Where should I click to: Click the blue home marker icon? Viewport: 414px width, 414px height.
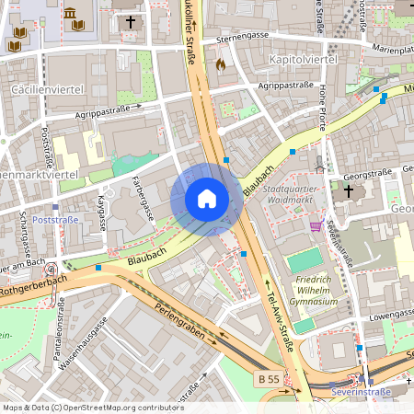coord(206,199)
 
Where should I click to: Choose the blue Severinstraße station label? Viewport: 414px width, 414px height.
coord(361,392)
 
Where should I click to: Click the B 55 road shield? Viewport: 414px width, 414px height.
coord(268,380)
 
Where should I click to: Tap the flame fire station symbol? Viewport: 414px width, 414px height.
coord(220,65)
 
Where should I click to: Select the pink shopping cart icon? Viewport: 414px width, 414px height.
coord(316,226)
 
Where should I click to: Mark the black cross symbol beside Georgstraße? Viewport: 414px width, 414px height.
coord(348,191)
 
